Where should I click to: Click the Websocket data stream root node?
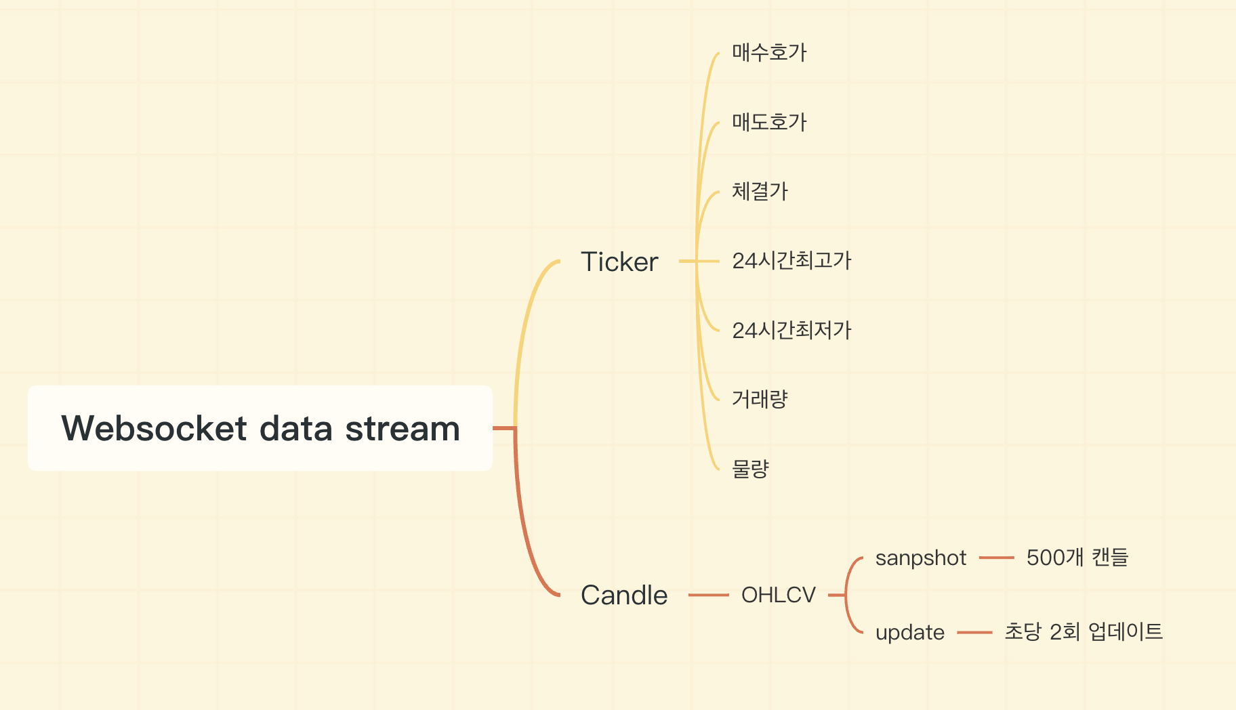pos(260,428)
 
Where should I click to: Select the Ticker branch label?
pos(619,262)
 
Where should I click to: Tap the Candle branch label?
pos(624,595)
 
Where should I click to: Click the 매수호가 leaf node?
pos(769,52)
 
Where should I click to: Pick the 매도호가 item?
pos(769,122)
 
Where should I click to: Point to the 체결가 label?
pos(760,191)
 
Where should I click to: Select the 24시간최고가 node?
pos(791,261)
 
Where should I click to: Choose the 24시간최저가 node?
pos(791,330)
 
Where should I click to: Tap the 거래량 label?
pos(760,399)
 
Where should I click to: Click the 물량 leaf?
pos(750,469)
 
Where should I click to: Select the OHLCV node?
pos(779,595)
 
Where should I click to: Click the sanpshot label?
pos(920,558)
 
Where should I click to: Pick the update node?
pos(909,633)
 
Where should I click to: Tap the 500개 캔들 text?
pos(1077,558)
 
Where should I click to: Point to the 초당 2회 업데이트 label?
pos(1084,631)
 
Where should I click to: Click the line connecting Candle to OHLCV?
pos(708,595)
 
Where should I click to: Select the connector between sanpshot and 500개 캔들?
pos(996,558)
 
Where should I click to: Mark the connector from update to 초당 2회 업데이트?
pos(974,632)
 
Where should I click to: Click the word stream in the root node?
pos(403,429)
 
